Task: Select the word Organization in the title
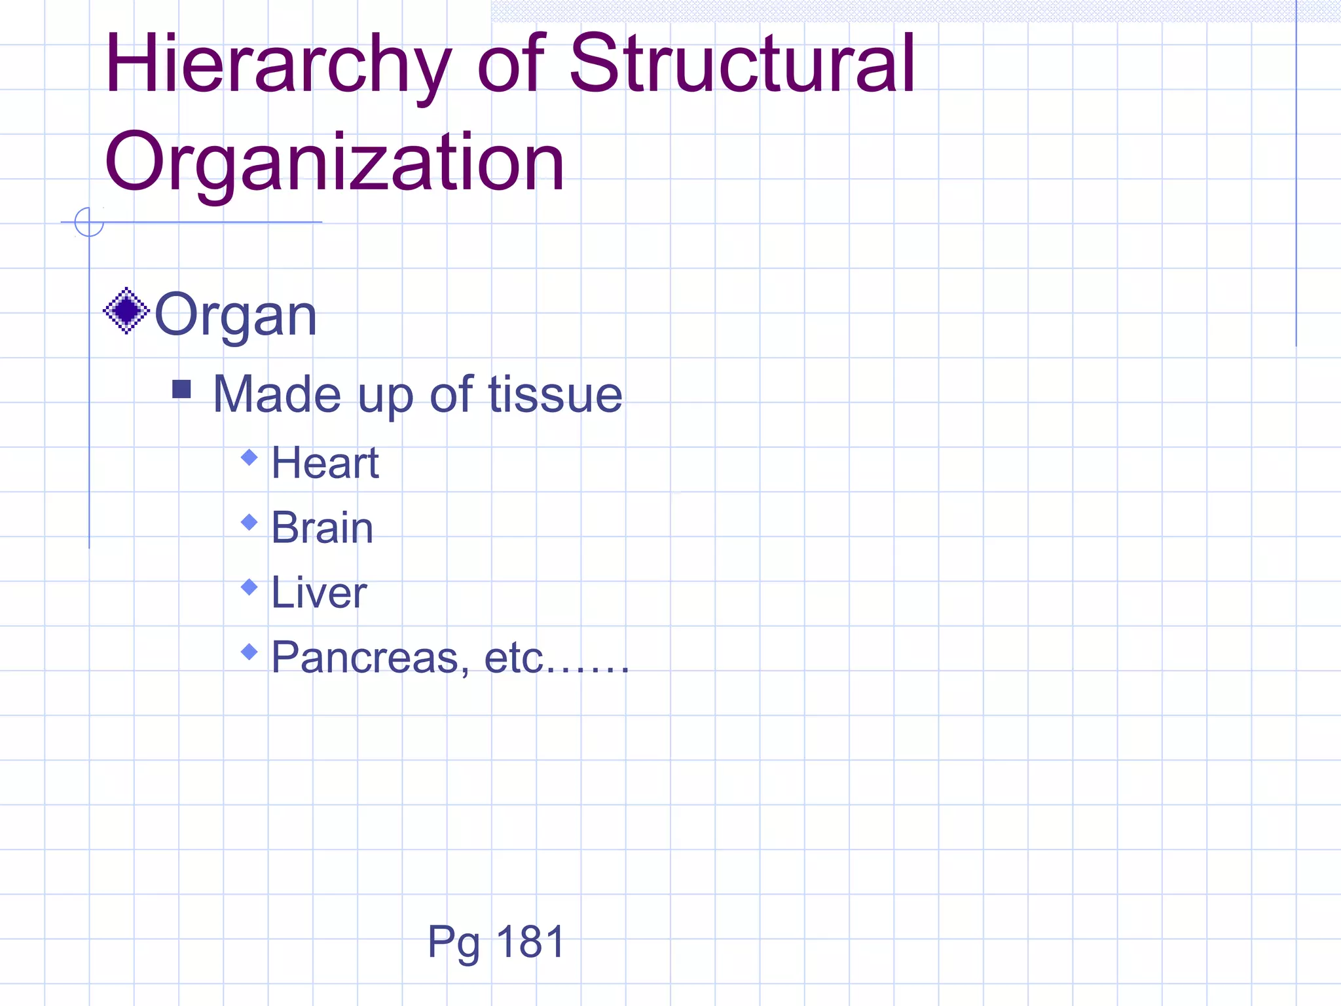point(334,162)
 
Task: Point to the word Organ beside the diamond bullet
point(236,316)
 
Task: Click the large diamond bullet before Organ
point(126,310)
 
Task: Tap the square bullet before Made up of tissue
point(181,390)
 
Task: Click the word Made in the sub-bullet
point(276,394)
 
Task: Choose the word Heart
point(325,462)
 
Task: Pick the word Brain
point(322,527)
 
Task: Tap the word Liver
point(319,592)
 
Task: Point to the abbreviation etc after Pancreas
point(514,657)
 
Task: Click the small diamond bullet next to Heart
point(249,457)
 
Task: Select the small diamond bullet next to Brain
point(249,522)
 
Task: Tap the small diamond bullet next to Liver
point(249,587)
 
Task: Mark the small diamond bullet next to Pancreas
point(249,652)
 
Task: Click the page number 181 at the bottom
point(530,942)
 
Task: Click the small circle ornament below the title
point(89,222)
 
